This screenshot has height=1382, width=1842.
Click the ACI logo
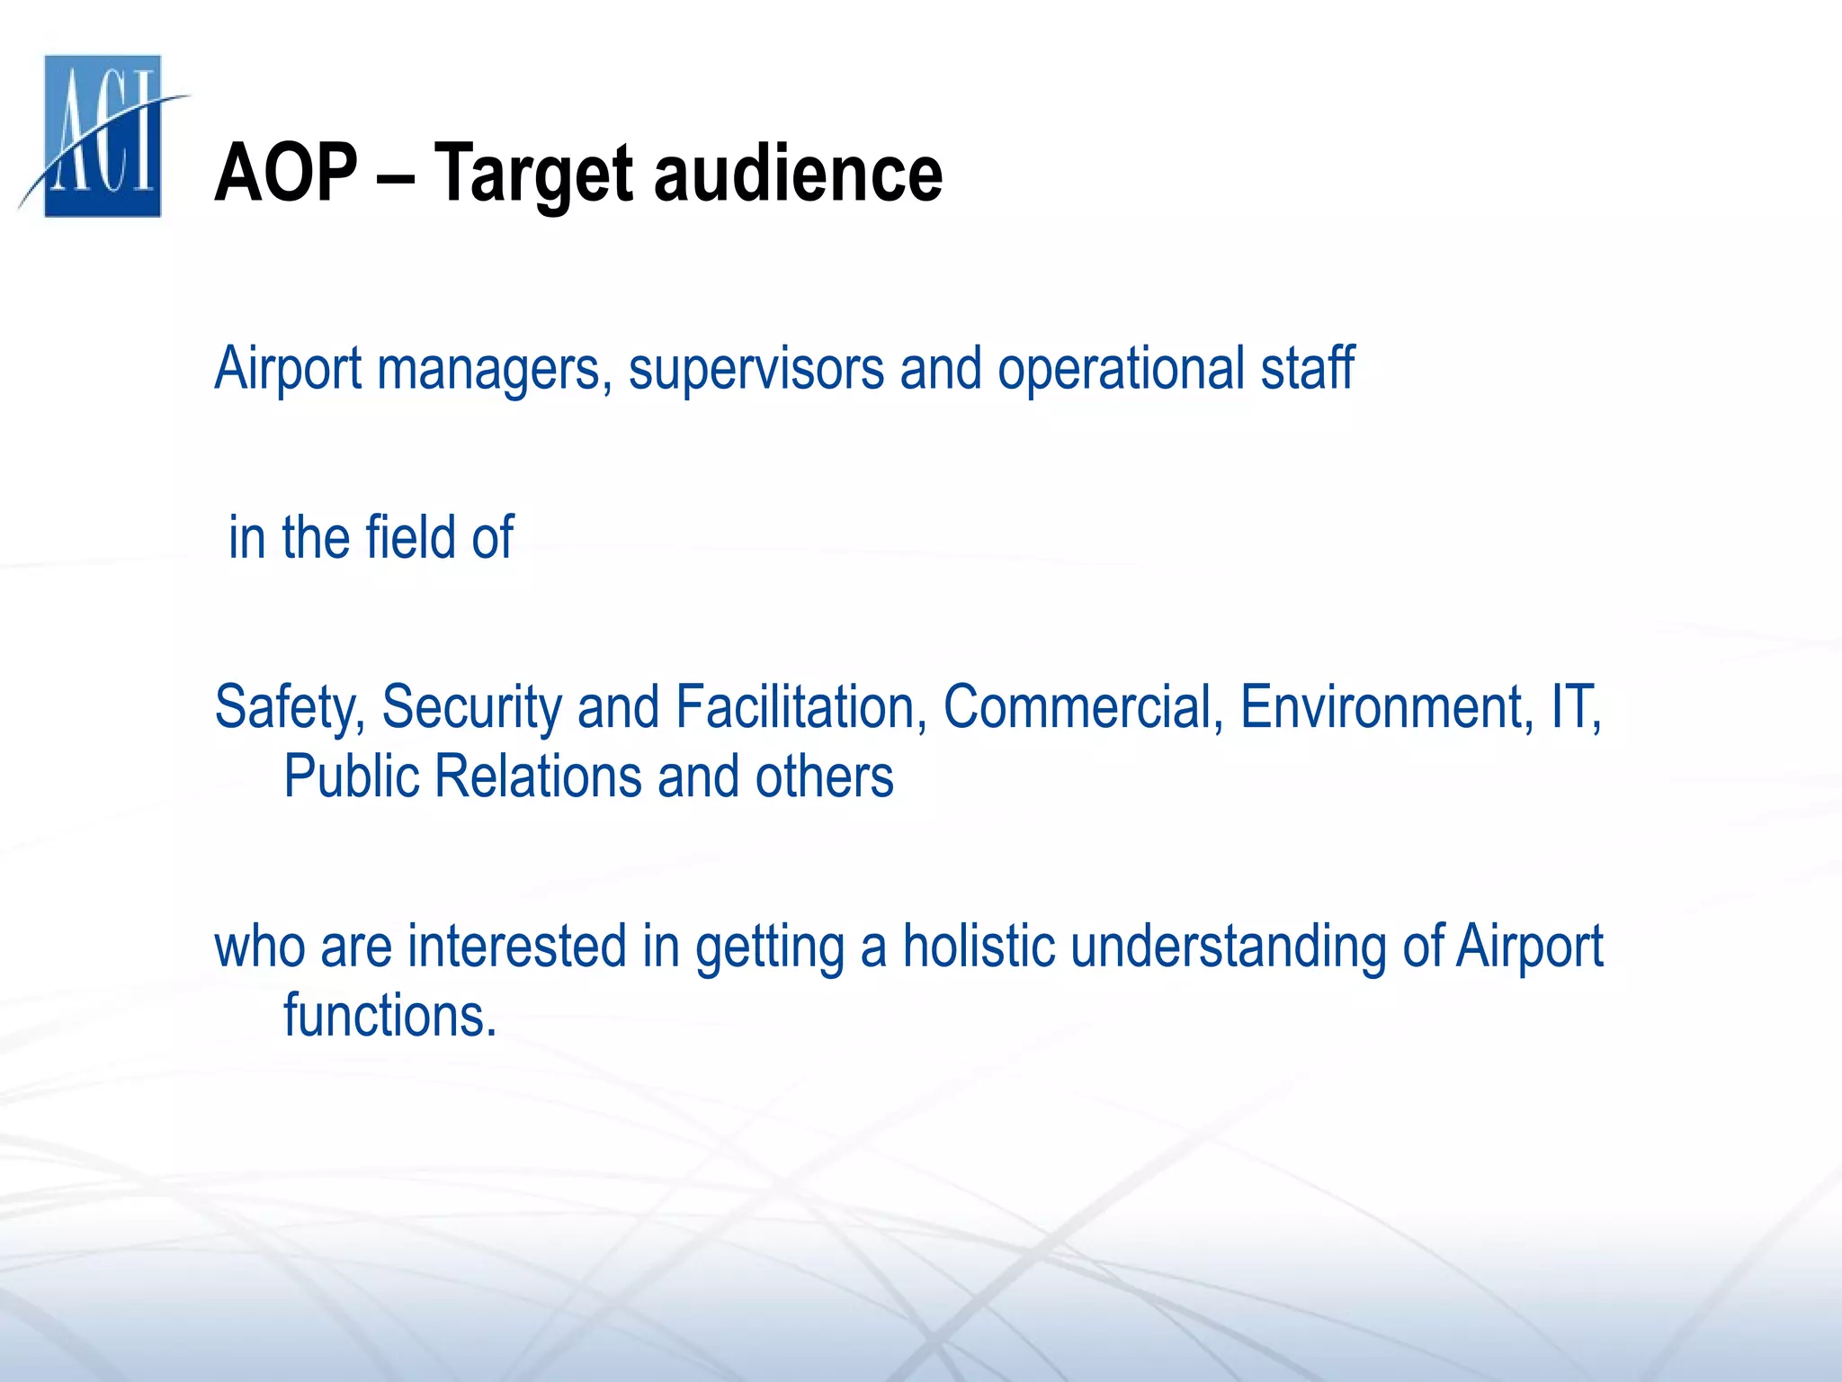[103, 136]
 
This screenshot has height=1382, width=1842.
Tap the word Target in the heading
[536, 175]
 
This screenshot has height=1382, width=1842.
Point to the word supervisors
[756, 369]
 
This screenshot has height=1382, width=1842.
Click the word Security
[471, 708]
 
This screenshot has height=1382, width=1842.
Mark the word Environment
[1386, 706]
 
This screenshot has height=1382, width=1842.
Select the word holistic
[979, 947]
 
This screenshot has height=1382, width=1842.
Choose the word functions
[389, 1016]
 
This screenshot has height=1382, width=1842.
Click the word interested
[517, 947]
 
